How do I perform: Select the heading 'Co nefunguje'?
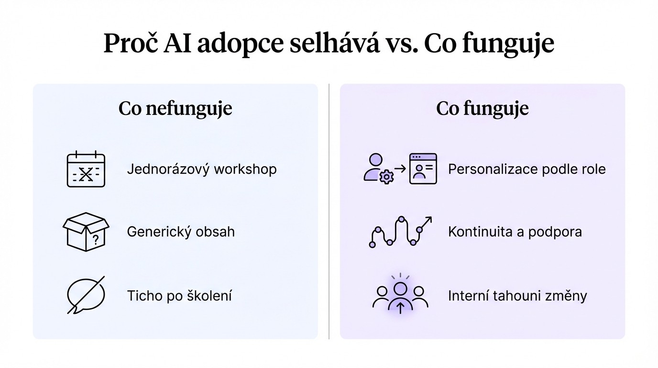tap(175, 108)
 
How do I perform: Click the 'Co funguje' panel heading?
tap(482, 108)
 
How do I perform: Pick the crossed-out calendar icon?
tap(86, 169)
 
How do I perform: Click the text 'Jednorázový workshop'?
tap(201, 169)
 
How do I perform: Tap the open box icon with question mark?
tap(86, 232)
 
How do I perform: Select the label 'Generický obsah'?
tap(181, 232)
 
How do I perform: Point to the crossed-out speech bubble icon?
tap(86, 295)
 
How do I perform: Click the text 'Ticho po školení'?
tap(179, 296)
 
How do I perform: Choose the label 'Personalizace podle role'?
tap(526, 169)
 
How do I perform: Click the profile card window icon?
tap(423, 169)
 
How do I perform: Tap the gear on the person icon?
tap(385, 177)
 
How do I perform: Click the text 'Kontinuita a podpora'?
tap(515, 232)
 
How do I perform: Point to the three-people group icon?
tap(400, 295)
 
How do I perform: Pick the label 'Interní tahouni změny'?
tap(517, 296)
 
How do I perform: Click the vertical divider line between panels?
tap(329, 211)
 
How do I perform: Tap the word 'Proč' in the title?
tap(130, 44)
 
